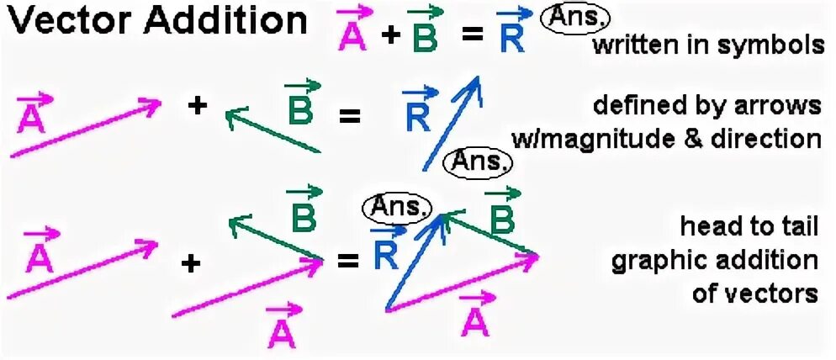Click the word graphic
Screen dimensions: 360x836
tap(660, 262)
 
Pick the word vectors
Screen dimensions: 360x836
tap(765, 294)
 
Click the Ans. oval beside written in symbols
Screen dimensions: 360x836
tap(575, 18)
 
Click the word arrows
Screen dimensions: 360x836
tap(781, 106)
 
